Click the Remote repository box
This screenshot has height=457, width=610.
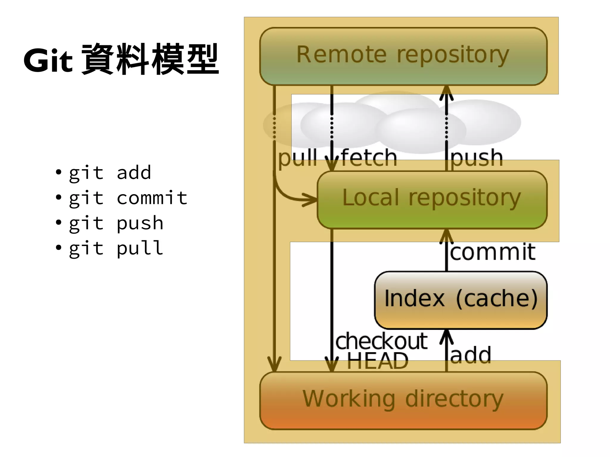point(403,56)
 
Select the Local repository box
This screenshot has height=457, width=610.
point(432,199)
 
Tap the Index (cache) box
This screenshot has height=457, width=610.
point(460,300)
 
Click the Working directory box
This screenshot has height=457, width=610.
point(403,400)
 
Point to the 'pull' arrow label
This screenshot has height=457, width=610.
point(297,158)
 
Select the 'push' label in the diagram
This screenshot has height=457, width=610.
point(477,158)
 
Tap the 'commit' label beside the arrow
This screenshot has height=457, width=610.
point(493,252)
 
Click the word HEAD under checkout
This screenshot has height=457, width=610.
point(377,361)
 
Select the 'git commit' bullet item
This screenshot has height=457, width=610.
point(128,198)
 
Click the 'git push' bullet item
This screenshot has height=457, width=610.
point(116,223)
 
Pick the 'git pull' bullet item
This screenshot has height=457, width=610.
point(116,248)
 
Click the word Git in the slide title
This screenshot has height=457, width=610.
point(48,61)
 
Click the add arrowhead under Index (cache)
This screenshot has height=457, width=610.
point(446,337)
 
